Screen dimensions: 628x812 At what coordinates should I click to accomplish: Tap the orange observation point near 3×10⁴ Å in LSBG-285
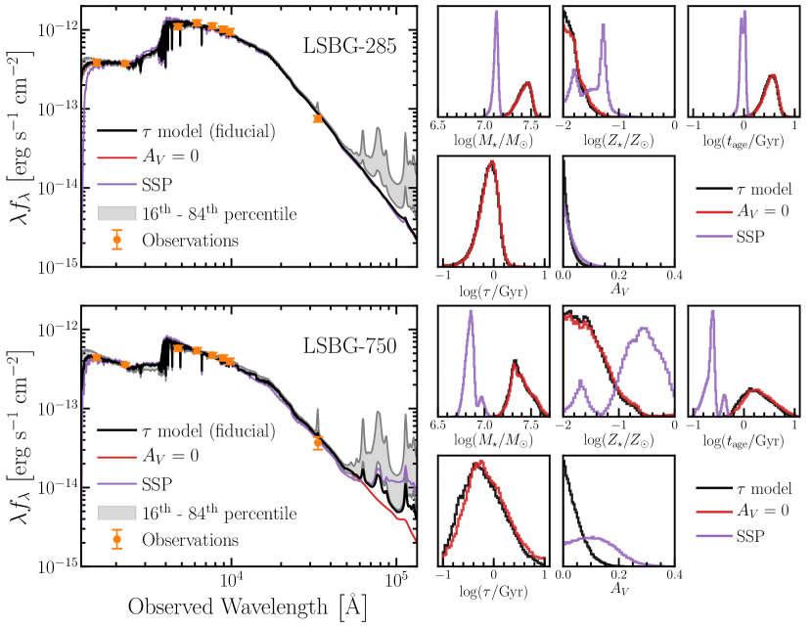[x=318, y=118]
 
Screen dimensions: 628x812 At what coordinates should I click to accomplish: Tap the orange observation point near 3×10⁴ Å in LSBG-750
[x=318, y=442]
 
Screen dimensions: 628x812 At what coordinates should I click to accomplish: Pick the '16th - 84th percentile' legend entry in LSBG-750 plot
[x=216, y=513]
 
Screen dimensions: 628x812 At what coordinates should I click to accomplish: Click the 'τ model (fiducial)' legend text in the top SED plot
[x=206, y=131]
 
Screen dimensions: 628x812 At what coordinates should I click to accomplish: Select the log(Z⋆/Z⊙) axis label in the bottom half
[x=617, y=442]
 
